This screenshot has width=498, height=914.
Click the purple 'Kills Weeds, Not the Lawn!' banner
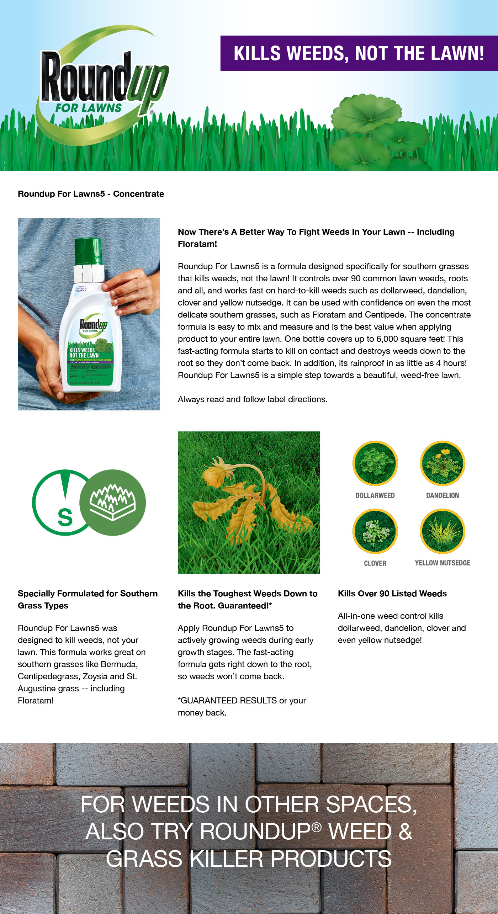pos(359,53)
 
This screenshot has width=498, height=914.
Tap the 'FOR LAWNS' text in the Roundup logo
pos(88,108)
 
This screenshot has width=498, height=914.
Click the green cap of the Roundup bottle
pos(89,251)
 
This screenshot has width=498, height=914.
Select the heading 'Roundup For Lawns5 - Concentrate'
pos(91,194)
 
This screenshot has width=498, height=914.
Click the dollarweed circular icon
pos(375,463)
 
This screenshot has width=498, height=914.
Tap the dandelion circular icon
pos(443,463)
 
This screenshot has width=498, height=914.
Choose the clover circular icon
pos(375,531)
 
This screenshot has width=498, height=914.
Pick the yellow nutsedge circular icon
pos(443,531)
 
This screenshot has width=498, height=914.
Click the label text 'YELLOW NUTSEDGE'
pos(443,563)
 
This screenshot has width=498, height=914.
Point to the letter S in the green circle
pos(65,517)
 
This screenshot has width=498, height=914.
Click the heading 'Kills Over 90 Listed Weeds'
pos(392,594)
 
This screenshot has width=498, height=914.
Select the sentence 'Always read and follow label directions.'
pos(253,399)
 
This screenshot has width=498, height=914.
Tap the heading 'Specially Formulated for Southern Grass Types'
pos(88,600)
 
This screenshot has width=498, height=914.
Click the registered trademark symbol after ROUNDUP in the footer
pos(317,828)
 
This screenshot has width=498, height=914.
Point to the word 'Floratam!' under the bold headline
pos(197,244)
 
